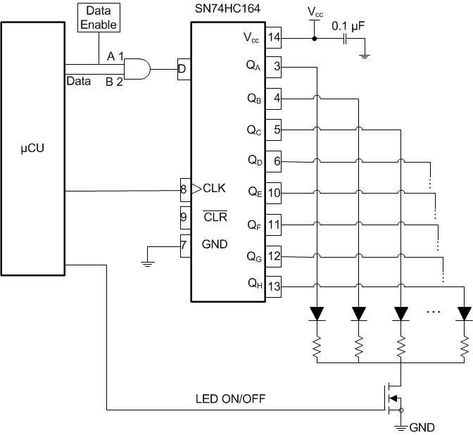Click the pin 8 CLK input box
[185, 189]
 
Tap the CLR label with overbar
[215, 217]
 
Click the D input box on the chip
[183, 69]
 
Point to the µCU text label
[33, 150]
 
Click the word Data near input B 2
[77, 81]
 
